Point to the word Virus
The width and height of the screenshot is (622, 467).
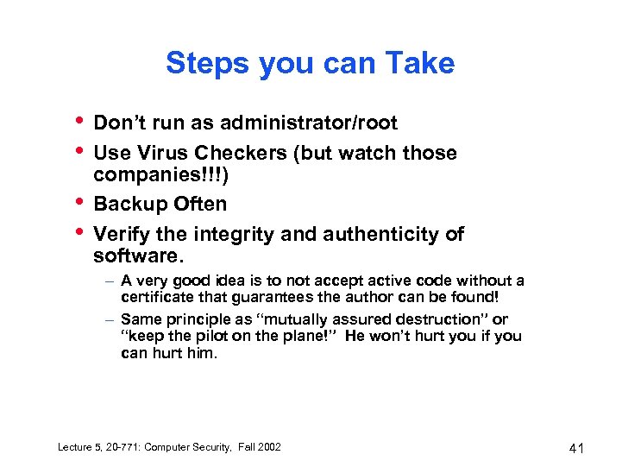tap(161, 154)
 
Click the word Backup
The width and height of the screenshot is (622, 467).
tap(129, 205)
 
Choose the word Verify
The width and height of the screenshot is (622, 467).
tap(119, 234)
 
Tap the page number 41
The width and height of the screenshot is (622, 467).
tap(577, 447)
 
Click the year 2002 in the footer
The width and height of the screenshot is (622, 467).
tap(268, 446)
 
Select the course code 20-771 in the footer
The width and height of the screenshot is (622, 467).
tap(117, 446)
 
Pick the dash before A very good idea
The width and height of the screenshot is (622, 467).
tap(111, 281)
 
